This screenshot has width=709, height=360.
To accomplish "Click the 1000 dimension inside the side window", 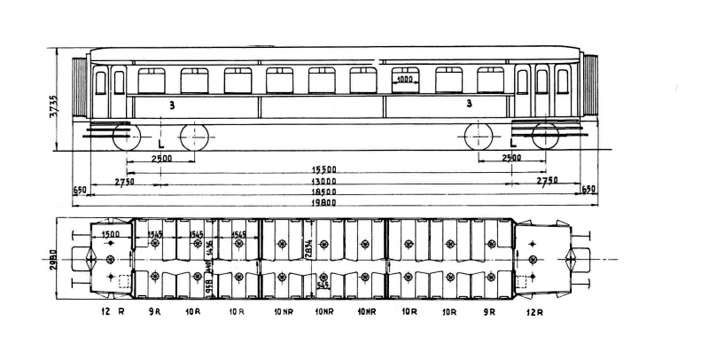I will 405,79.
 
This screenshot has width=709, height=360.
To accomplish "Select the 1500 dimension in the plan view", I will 111,234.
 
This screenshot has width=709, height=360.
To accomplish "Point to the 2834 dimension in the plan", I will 308,251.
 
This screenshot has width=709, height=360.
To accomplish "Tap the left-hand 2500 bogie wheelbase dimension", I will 160,158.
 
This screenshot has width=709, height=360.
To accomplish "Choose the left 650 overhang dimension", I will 80,190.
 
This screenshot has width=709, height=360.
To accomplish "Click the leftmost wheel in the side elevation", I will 127,137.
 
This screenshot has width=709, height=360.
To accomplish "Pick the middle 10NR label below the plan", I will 324,312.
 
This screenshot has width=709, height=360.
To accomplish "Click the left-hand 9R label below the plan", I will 154,312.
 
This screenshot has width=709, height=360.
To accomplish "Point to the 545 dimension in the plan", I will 324,286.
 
